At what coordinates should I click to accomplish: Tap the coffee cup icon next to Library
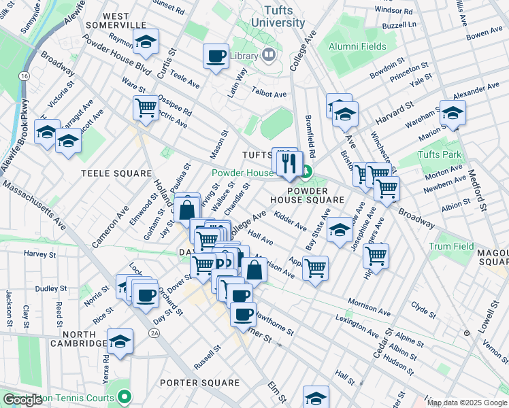click(216, 56)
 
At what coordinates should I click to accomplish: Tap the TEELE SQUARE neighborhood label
click(116, 173)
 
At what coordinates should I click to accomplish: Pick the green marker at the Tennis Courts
click(124, 396)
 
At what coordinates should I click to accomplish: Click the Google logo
click(22, 400)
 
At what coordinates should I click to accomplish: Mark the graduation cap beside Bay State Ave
click(340, 230)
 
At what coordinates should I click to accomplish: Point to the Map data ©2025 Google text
click(467, 403)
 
